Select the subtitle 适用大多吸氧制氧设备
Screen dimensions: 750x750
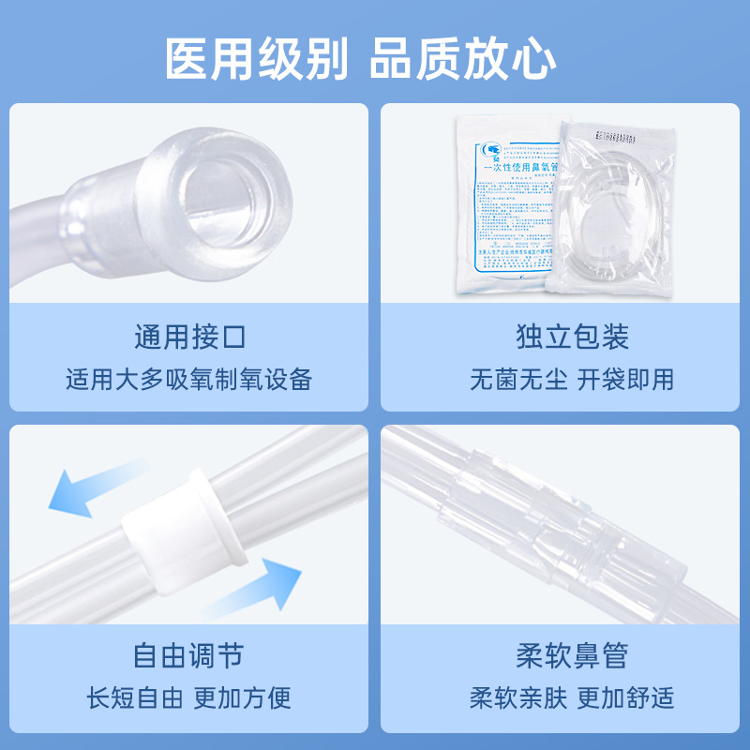pyautogui.click(x=189, y=380)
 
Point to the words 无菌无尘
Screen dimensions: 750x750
pyautogui.click(x=518, y=380)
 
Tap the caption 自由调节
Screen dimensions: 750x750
pyautogui.click(x=189, y=654)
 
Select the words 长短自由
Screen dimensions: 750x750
pyautogui.click(x=136, y=697)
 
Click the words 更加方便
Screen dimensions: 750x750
pyautogui.click(x=243, y=697)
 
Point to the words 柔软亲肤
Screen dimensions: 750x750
pyautogui.click(x=518, y=697)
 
